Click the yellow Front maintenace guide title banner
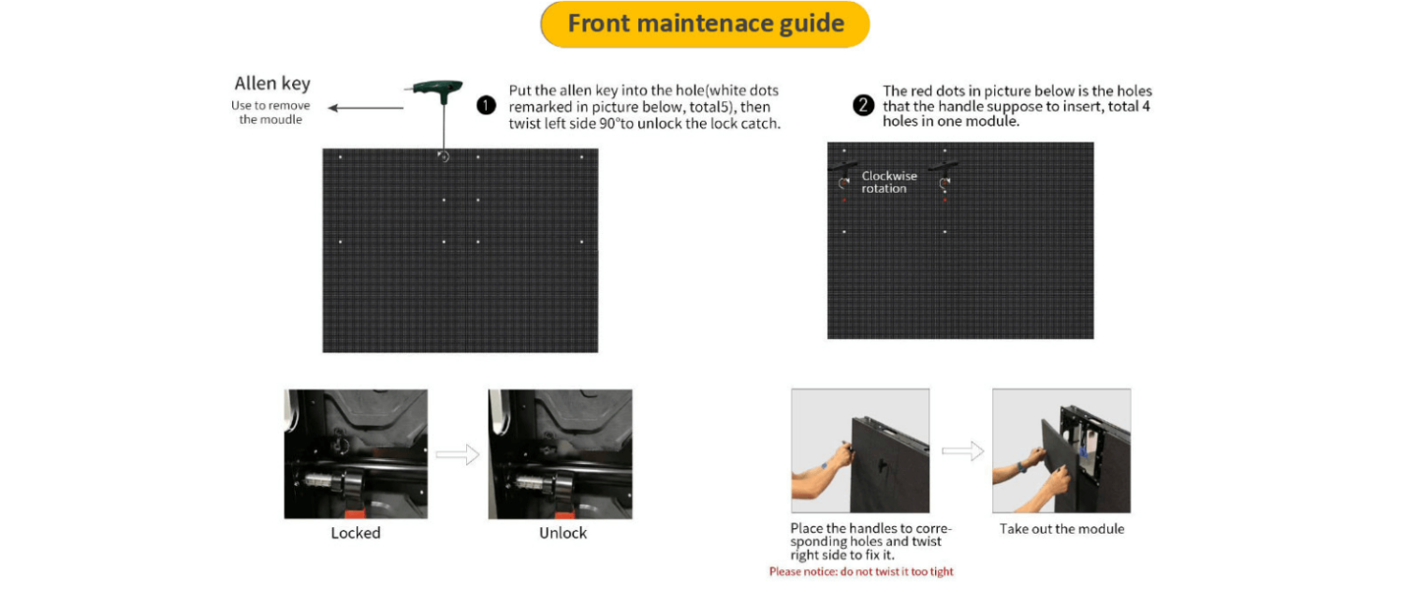point(705,23)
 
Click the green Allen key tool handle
point(435,89)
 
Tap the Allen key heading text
point(272,83)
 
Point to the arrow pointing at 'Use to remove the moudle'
point(366,108)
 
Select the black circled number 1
point(486,105)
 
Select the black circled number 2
point(862,105)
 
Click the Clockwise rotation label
point(889,182)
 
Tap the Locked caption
point(356,533)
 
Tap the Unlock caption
point(563,533)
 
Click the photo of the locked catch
point(356,454)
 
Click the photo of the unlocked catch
point(561,454)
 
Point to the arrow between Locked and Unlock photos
point(458,454)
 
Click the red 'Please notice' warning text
point(861,572)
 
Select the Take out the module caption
point(1061,529)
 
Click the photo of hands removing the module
point(1061,450)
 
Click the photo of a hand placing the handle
point(860,450)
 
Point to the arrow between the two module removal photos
point(963,450)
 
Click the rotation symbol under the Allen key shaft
point(443,156)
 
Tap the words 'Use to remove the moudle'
point(271,112)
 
